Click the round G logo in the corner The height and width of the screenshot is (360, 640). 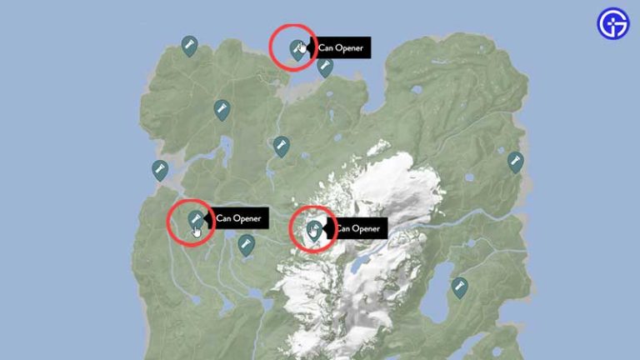[613, 23]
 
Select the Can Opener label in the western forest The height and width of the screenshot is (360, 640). [238, 218]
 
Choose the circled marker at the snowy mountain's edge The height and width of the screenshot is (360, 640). [314, 228]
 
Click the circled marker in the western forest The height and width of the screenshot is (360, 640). [195, 219]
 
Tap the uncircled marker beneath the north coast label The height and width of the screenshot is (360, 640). [325, 67]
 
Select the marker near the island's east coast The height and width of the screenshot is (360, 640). [516, 162]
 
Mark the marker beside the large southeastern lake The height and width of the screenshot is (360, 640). [458, 287]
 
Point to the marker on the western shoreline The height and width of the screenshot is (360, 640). [159, 170]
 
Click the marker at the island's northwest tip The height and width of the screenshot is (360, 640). [189, 45]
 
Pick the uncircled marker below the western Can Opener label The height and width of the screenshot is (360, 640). [245, 244]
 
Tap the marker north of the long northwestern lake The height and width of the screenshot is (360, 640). [222, 110]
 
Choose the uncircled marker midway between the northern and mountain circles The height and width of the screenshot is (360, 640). [281, 147]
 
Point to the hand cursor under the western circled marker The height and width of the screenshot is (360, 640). [197, 231]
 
